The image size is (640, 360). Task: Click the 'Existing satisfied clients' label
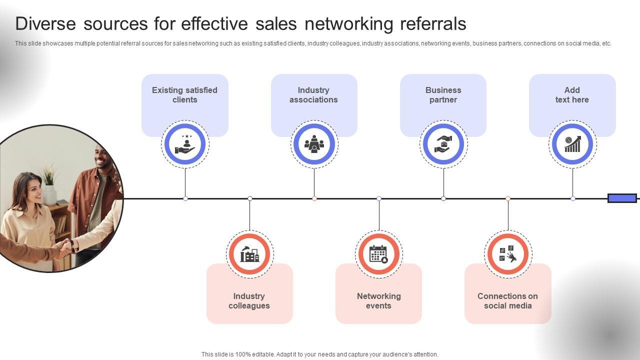pyautogui.click(x=184, y=95)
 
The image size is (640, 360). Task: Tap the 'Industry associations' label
pyautogui.click(x=313, y=95)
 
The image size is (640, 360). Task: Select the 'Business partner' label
pyautogui.click(x=443, y=95)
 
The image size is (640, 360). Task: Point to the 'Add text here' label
pyautogui.click(x=572, y=95)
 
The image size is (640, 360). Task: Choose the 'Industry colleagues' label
pyautogui.click(x=249, y=301)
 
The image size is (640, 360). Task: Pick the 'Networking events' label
pyautogui.click(x=378, y=301)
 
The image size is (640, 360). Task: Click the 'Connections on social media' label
pyautogui.click(x=507, y=301)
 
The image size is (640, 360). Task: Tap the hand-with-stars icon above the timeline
pyautogui.click(x=185, y=144)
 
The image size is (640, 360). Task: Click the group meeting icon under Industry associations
pyautogui.click(x=314, y=144)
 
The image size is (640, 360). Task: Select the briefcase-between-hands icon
pyautogui.click(x=443, y=144)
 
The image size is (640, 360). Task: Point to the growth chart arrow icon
pyautogui.click(x=572, y=144)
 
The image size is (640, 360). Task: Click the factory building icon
pyautogui.click(x=249, y=254)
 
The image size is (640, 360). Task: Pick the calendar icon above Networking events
pyautogui.click(x=378, y=254)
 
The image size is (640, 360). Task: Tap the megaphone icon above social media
pyautogui.click(x=507, y=254)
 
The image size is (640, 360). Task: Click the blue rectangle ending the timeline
pyautogui.click(x=622, y=198)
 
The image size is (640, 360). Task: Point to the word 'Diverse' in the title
pyautogui.click(x=45, y=24)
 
